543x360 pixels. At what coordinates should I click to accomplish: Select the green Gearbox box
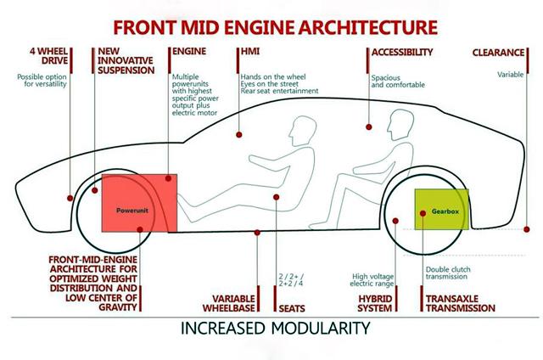pyautogui.click(x=439, y=208)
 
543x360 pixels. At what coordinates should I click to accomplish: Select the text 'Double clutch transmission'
pyautogui.click(x=450, y=275)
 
